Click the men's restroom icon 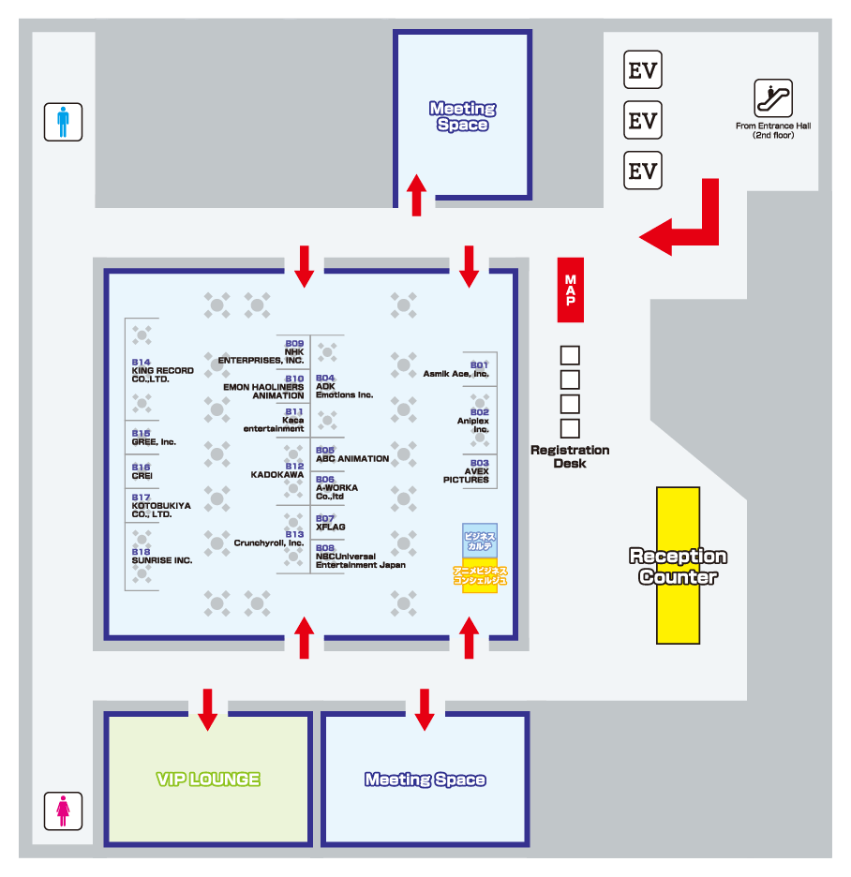[63, 122]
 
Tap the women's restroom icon [63, 810]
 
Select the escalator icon [773, 97]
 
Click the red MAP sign [570, 290]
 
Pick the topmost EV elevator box [643, 70]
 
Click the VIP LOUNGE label [208, 780]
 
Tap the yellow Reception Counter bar [678, 565]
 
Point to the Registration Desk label [570, 456]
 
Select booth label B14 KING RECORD [163, 370]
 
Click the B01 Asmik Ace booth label [456, 369]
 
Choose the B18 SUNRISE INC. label [162, 556]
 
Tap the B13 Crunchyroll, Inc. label [269, 539]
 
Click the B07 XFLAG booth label [330, 523]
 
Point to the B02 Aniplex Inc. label [473, 421]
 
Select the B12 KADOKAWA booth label [277, 470]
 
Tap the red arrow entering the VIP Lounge [207, 709]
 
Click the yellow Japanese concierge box [480, 575]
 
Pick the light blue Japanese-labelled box [480, 541]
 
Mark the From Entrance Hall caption [773, 130]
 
